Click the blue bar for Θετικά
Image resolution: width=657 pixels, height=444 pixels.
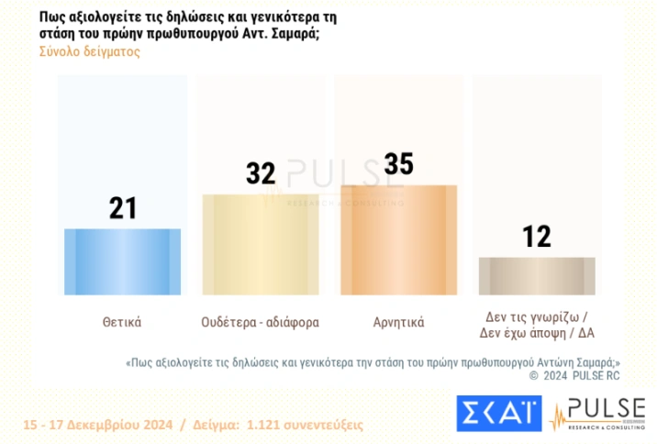(122, 261)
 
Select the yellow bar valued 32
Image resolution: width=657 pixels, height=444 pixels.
(261, 244)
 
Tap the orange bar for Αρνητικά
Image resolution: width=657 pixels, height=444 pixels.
(398, 239)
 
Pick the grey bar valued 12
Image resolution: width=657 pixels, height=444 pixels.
(537, 275)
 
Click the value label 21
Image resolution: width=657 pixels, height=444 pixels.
(122, 208)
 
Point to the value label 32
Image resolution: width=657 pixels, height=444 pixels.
(261, 173)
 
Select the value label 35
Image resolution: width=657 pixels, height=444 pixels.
(398, 164)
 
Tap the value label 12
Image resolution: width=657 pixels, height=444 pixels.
(537, 237)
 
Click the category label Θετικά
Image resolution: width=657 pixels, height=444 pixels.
(122, 322)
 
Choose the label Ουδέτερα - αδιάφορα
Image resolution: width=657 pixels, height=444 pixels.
(261, 322)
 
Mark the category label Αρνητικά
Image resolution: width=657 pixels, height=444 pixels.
(398, 322)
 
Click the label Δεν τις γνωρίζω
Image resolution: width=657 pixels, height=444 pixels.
(537, 315)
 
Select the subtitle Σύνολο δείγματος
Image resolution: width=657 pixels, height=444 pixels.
(89, 51)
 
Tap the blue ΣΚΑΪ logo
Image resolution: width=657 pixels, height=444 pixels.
(499, 413)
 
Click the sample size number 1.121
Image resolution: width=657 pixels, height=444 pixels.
(262, 425)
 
